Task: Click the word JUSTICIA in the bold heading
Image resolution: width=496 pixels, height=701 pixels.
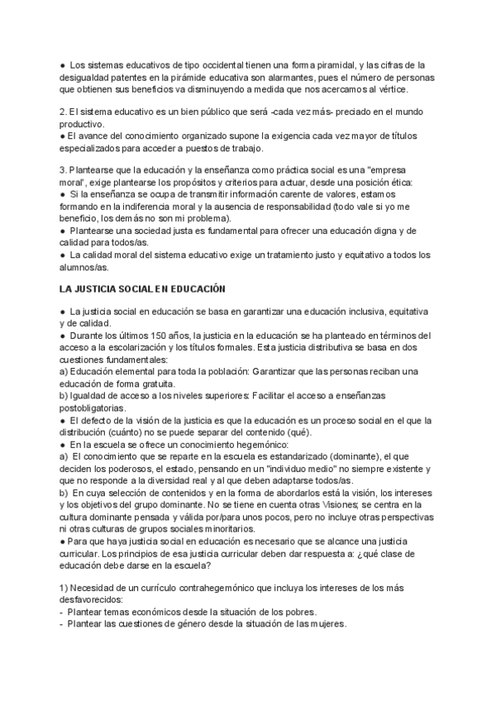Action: [x=102, y=289]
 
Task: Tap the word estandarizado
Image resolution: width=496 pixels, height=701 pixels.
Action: [x=291, y=455]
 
